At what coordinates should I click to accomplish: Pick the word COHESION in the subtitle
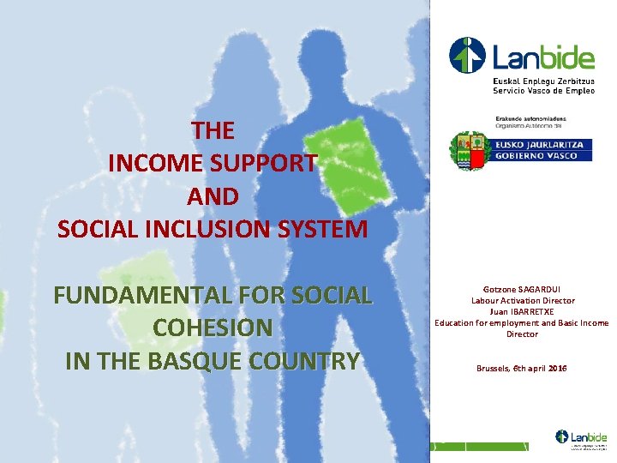coord(213,328)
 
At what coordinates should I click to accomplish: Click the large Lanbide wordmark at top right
coord(543,58)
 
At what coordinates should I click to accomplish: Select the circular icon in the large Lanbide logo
coord(467,56)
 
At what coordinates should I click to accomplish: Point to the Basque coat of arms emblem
coord(469,151)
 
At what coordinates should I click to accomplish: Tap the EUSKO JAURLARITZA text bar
coord(540,145)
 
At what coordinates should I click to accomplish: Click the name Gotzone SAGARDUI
coord(523,291)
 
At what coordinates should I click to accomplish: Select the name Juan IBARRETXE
coord(523,311)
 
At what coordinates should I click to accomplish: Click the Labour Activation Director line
coord(523,301)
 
